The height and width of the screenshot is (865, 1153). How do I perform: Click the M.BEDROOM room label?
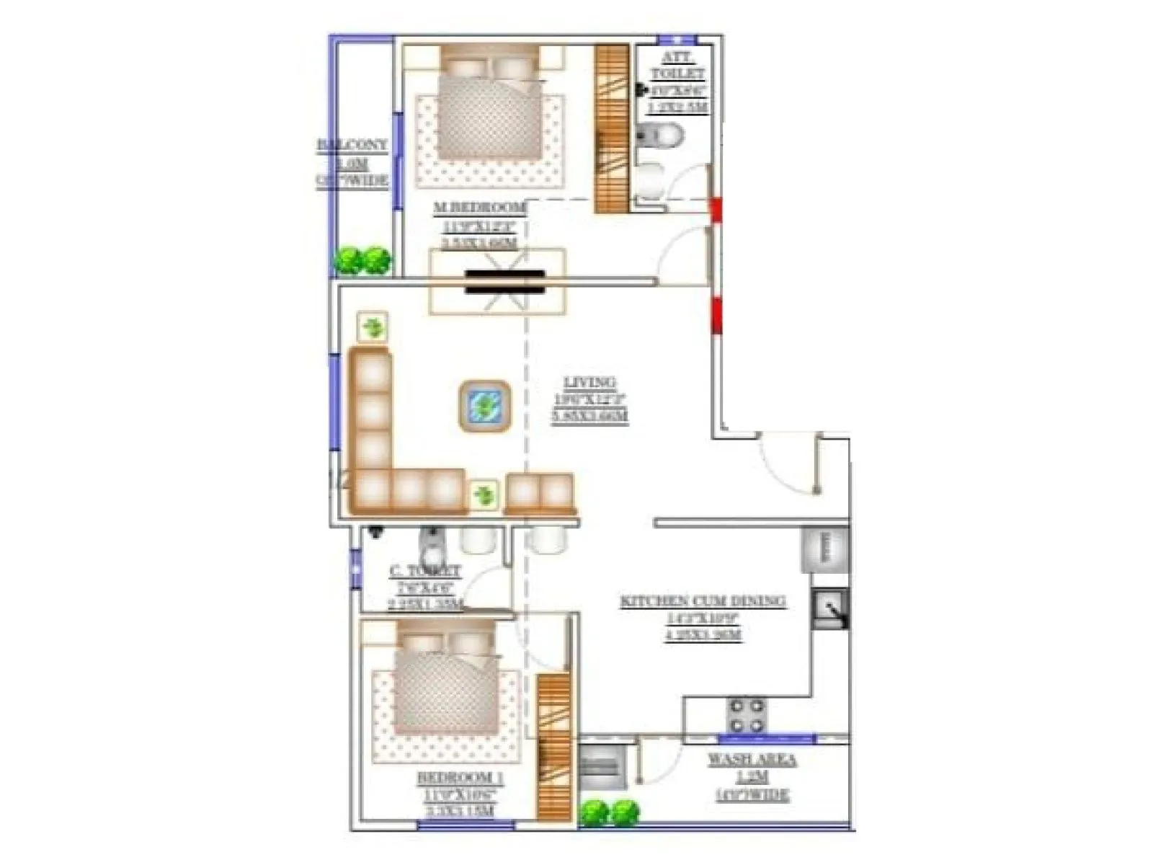(x=479, y=208)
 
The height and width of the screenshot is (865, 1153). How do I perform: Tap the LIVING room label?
(x=589, y=383)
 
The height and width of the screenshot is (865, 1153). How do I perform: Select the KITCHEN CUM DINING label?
(x=703, y=601)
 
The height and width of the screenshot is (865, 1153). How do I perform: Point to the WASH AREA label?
(x=752, y=760)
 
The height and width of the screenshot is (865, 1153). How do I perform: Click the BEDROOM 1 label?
(x=460, y=778)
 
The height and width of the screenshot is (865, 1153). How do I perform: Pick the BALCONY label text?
(x=352, y=145)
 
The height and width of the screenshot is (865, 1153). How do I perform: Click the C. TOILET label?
(x=425, y=572)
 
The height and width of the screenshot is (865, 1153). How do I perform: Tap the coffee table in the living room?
(x=485, y=407)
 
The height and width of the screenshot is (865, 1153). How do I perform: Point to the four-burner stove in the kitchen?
(x=746, y=715)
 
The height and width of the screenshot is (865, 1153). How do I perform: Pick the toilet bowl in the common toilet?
(x=432, y=549)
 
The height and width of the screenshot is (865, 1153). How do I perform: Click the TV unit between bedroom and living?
(x=504, y=282)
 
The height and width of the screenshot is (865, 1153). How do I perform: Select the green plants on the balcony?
(x=362, y=260)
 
